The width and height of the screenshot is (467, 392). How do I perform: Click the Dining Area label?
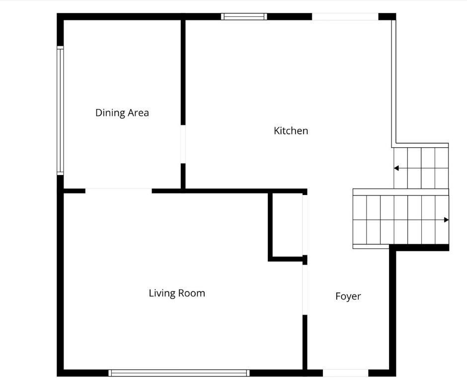[x=122, y=113]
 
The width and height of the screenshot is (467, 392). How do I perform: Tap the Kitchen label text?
[x=291, y=131]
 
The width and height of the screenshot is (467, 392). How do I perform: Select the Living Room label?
[x=177, y=294]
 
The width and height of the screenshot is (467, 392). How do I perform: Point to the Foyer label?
[x=348, y=296]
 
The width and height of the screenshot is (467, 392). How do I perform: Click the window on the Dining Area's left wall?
[x=60, y=110]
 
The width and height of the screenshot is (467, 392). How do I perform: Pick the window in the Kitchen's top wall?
[x=244, y=16]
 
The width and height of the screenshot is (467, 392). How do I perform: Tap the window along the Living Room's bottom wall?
[x=179, y=373]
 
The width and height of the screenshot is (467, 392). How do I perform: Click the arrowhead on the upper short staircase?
[x=396, y=168]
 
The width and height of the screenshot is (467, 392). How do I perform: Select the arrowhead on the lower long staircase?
[x=446, y=220]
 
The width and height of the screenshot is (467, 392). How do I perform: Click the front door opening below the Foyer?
[x=345, y=373]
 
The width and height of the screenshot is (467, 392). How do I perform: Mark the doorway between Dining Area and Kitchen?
[x=183, y=144]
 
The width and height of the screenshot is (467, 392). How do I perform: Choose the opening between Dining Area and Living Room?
[x=119, y=191]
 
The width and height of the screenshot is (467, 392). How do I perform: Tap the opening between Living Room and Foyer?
[x=305, y=290]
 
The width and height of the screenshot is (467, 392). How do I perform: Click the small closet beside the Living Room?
[x=288, y=225]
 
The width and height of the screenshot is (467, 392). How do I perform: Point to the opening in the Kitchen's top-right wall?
[x=345, y=16]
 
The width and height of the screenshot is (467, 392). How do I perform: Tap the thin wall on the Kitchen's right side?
[x=394, y=84]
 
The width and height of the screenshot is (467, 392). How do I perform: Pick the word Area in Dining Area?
[x=138, y=113]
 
